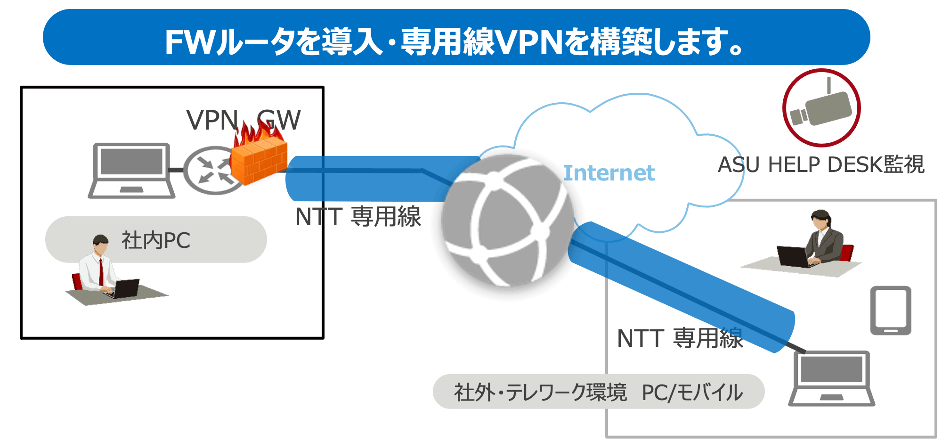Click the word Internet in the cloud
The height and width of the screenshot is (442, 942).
click(x=609, y=173)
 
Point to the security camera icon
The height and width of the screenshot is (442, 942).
click(x=821, y=108)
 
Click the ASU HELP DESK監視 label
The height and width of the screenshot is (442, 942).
click(x=821, y=165)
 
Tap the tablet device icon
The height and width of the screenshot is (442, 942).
click(x=890, y=311)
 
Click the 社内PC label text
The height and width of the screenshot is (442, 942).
click(x=156, y=240)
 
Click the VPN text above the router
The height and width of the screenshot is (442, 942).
click(x=212, y=120)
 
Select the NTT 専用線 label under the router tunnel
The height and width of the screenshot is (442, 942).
click(x=358, y=217)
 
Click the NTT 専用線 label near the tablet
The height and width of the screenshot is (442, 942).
click(x=680, y=338)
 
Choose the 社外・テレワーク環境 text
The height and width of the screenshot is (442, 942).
click(x=540, y=392)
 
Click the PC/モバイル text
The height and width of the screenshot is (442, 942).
click(x=692, y=392)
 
